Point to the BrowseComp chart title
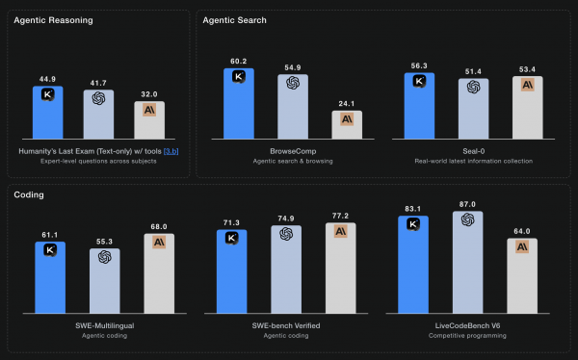292,151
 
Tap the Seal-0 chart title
472,151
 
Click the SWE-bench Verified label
286,326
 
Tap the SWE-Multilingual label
104,326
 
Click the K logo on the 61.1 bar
49,249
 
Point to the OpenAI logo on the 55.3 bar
104,256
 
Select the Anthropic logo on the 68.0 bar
159,242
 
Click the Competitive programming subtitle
472,337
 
